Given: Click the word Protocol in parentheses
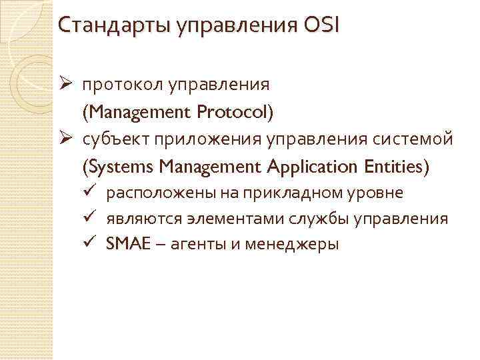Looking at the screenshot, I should [x=235, y=113].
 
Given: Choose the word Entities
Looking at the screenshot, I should [x=394, y=167].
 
